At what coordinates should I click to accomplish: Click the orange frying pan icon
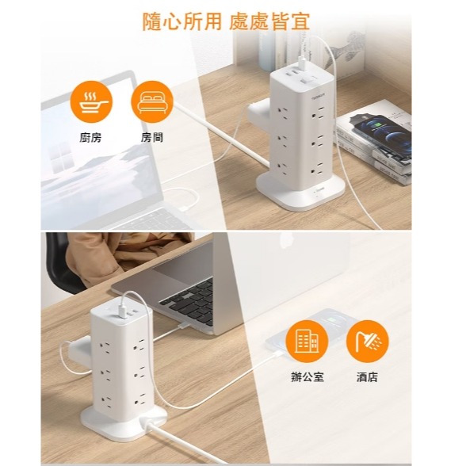coord(91,102)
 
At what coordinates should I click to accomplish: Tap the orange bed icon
coord(152,102)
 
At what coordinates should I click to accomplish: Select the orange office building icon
coord(307,341)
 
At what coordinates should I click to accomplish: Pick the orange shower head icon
coord(368,341)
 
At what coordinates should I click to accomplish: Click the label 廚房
coord(90,138)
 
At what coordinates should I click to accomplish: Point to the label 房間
coord(152,138)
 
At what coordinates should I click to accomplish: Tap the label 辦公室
coord(307,377)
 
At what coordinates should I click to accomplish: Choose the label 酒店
coord(368,377)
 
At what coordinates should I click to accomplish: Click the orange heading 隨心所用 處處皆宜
coord(227,21)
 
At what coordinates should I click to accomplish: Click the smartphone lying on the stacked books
coord(382,134)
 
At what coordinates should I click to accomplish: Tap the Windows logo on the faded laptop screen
coord(62,159)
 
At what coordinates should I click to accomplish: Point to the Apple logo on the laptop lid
coord(285,240)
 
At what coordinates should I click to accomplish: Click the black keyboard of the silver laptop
coord(190,300)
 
